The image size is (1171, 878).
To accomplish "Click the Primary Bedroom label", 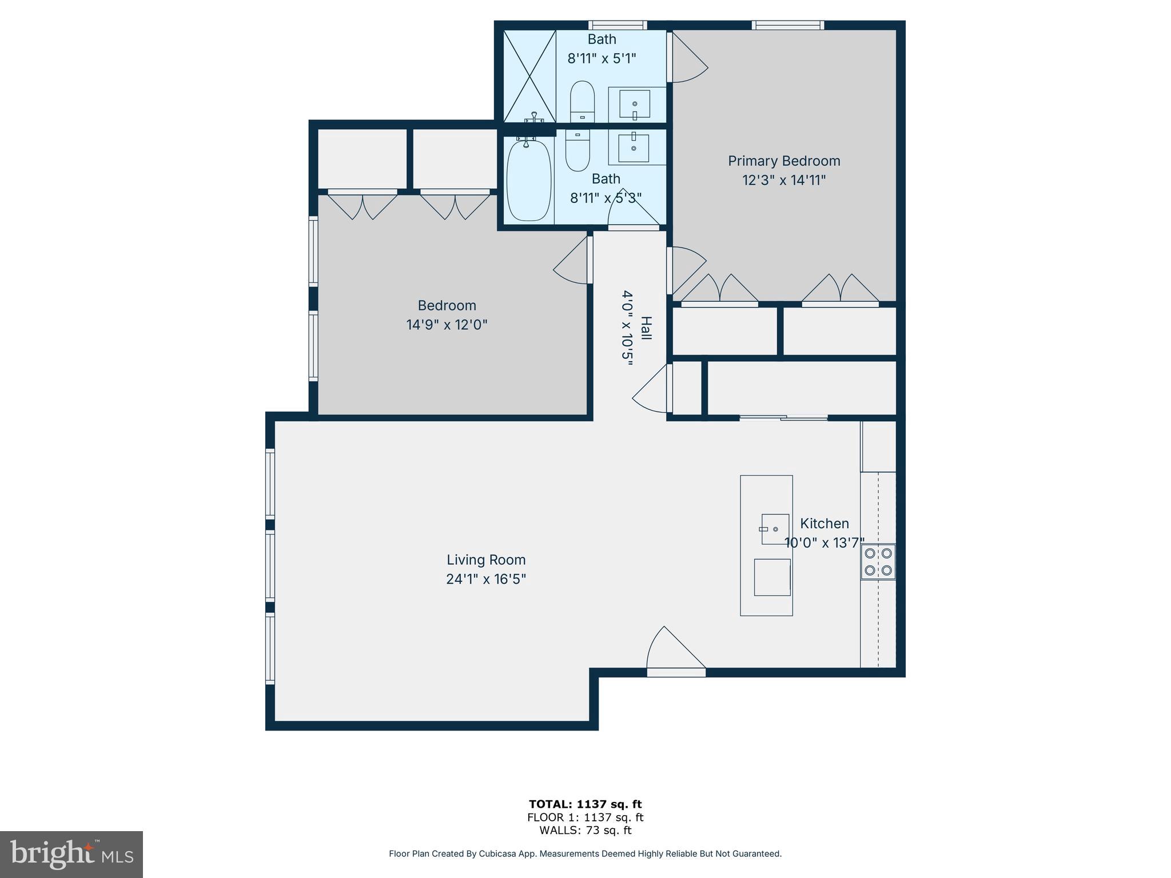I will point(783,161).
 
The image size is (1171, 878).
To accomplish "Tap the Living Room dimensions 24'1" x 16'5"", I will point(485,579).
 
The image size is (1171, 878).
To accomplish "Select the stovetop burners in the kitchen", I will point(878,561).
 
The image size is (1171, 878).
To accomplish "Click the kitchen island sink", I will point(775,529).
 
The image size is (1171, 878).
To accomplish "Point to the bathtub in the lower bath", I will point(529,180).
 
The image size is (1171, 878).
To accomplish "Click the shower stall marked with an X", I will point(529,75).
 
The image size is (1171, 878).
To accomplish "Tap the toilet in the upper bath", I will point(582,102).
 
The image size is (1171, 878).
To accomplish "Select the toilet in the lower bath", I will point(577,150).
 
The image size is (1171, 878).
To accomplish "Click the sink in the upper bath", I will point(635,104).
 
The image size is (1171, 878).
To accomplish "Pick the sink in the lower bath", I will point(634,148).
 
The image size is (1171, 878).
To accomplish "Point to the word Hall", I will point(646,328).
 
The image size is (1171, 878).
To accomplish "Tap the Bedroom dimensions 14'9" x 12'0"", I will point(447,325).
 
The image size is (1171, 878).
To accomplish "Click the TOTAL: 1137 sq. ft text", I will point(585,804).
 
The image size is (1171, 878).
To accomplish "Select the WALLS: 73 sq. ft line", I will point(585,831).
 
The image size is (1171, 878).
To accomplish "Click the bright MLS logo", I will point(71,854).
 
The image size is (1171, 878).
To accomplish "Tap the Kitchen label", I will point(824,524).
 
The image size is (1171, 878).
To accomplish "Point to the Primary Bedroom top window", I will point(787,25).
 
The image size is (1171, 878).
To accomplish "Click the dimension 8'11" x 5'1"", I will point(602,58).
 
